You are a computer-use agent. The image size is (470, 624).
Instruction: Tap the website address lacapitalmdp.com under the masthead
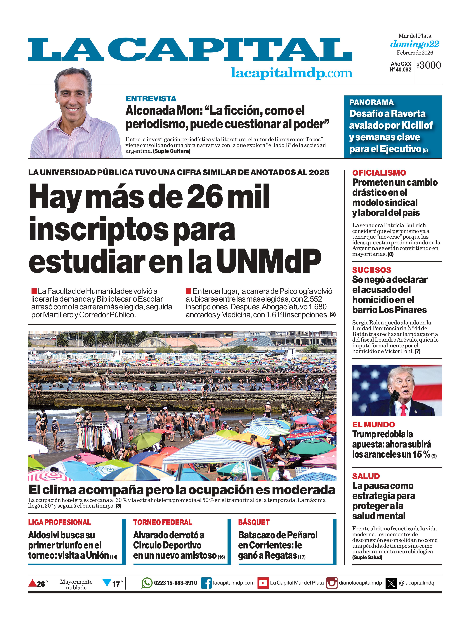(292, 73)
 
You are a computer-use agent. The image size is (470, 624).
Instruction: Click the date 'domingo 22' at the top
(414, 44)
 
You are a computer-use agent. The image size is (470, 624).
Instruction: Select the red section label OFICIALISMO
(379, 173)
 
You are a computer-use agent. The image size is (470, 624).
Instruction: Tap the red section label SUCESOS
(372, 270)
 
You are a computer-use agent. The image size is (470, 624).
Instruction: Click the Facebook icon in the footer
(206, 583)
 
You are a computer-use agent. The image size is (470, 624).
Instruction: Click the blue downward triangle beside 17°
(107, 583)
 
